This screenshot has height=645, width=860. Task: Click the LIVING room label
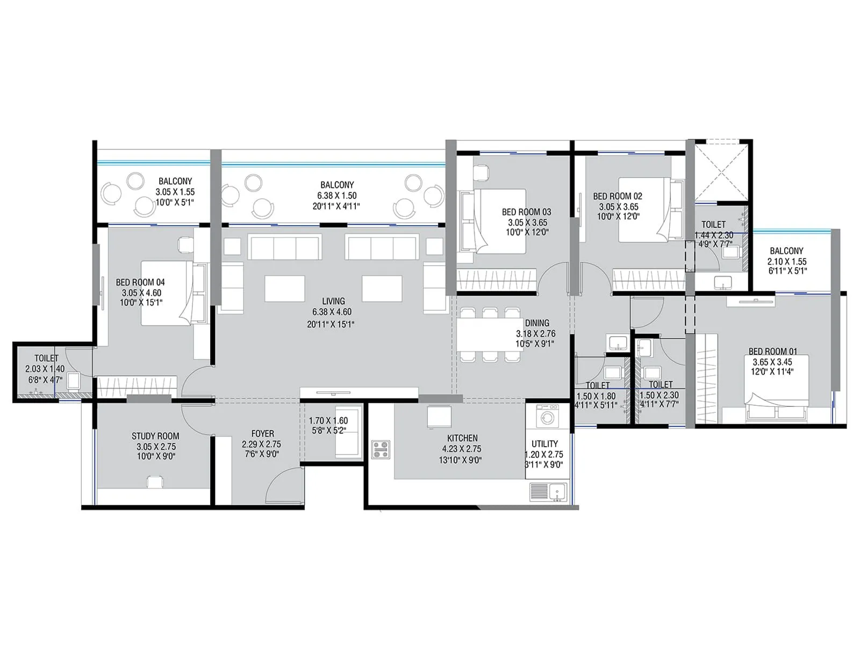click(x=333, y=301)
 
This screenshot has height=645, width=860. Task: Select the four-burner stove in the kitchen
click(x=381, y=449)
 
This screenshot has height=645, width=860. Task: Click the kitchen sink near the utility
click(x=548, y=491)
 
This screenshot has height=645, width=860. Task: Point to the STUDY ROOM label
click(x=155, y=436)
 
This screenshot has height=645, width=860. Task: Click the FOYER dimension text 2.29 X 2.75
click(x=261, y=445)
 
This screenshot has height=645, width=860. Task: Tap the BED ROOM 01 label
click(x=773, y=352)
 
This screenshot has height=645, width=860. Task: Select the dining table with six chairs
click(x=489, y=334)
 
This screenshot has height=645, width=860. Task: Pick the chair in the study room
click(x=155, y=482)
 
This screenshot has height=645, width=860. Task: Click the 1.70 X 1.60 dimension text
click(x=328, y=421)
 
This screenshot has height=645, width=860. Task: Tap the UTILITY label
click(x=544, y=444)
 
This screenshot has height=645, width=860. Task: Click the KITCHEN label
click(x=462, y=438)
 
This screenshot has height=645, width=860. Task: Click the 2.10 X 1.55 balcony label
click(x=786, y=262)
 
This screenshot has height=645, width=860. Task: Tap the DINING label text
click(x=537, y=323)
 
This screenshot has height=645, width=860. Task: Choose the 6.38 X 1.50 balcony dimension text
click(x=336, y=196)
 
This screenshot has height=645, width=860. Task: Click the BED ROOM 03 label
click(x=526, y=212)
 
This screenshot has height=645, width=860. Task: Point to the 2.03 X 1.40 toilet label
click(x=45, y=369)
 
